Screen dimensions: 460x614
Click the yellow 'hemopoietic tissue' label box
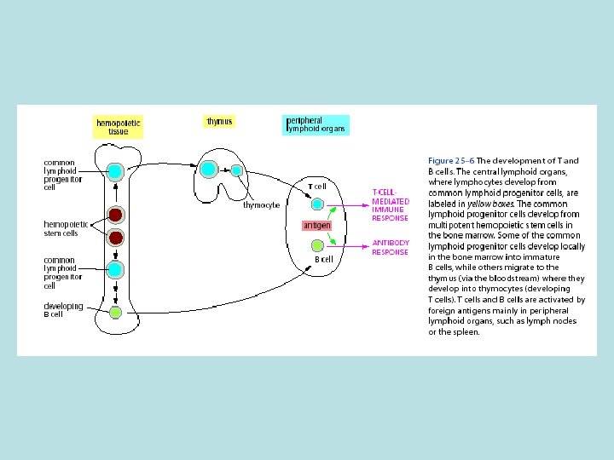coord(119,127)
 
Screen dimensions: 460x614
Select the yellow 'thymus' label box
coord(219,122)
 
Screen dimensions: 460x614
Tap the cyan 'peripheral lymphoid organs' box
coord(316,124)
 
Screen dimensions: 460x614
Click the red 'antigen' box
coord(316,225)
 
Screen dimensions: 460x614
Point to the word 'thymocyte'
coord(261,205)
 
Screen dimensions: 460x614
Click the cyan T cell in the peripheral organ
coord(317,204)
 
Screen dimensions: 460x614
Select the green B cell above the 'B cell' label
coord(317,245)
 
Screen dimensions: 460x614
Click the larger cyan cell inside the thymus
coord(210,168)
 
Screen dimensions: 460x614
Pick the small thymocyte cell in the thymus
coord(235,170)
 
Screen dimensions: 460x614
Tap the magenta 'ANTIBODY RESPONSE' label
coord(391,247)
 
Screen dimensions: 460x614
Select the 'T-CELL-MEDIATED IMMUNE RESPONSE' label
coord(391,205)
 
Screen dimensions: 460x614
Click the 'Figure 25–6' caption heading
coord(451,160)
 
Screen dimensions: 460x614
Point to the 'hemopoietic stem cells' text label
coord(61,228)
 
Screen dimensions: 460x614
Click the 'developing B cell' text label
coord(64,309)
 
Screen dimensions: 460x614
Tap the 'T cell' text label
coord(317,186)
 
